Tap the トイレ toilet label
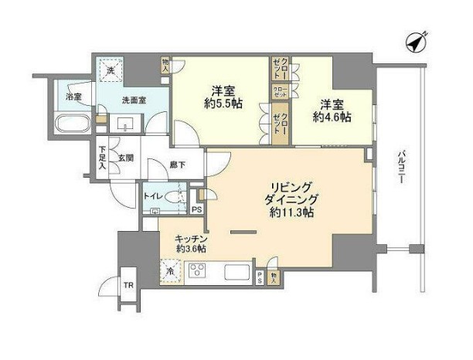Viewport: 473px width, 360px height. coord(153,196)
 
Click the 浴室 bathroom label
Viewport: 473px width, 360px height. coord(73,97)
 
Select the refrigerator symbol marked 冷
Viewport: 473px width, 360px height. coord(168,271)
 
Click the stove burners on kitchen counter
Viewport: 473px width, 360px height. coord(197,271)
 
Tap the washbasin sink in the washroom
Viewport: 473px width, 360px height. coord(125,124)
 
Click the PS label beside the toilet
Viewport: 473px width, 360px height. coord(196,209)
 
